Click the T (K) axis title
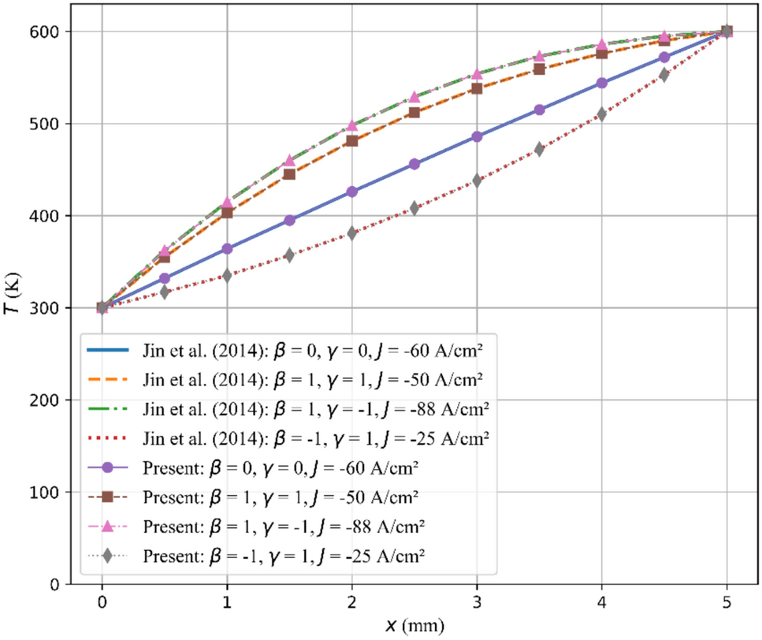click(x=13, y=307)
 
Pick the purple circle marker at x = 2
click(x=352, y=192)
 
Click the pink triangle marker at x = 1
click(x=227, y=203)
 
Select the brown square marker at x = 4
click(x=602, y=53)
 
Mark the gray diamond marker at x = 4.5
click(x=664, y=75)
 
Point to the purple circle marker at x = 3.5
click(x=540, y=110)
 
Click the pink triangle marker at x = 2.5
click(x=414, y=98)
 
